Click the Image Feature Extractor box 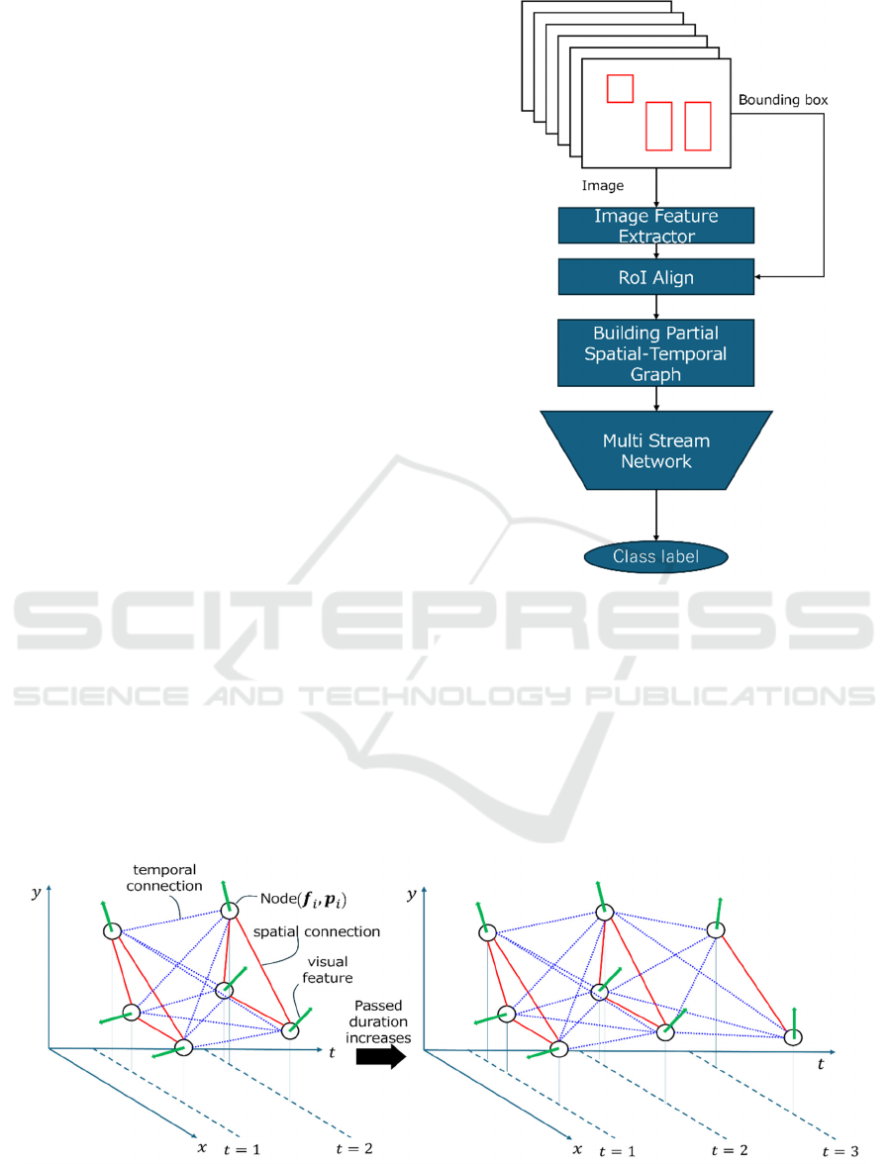click(655, 226)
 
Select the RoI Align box click(655, 277)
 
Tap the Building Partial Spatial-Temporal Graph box click(655, 353)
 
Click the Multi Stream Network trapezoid click(655, 450)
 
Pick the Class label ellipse click(655, 556)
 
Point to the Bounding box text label click(783, 100)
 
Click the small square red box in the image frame click(620, 88)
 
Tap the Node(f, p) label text click(303, 900)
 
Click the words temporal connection click(164, 877)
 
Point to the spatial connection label click(317, 931)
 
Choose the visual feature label click(328, 970)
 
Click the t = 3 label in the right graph click(841, 1151)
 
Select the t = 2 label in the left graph click(354, 1149)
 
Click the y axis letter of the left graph click(36, 893)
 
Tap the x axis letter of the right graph click(577, 1149)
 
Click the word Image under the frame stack click(602, 186)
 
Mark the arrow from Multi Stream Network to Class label click(655, 515)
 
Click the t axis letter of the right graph click(821, 1065)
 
